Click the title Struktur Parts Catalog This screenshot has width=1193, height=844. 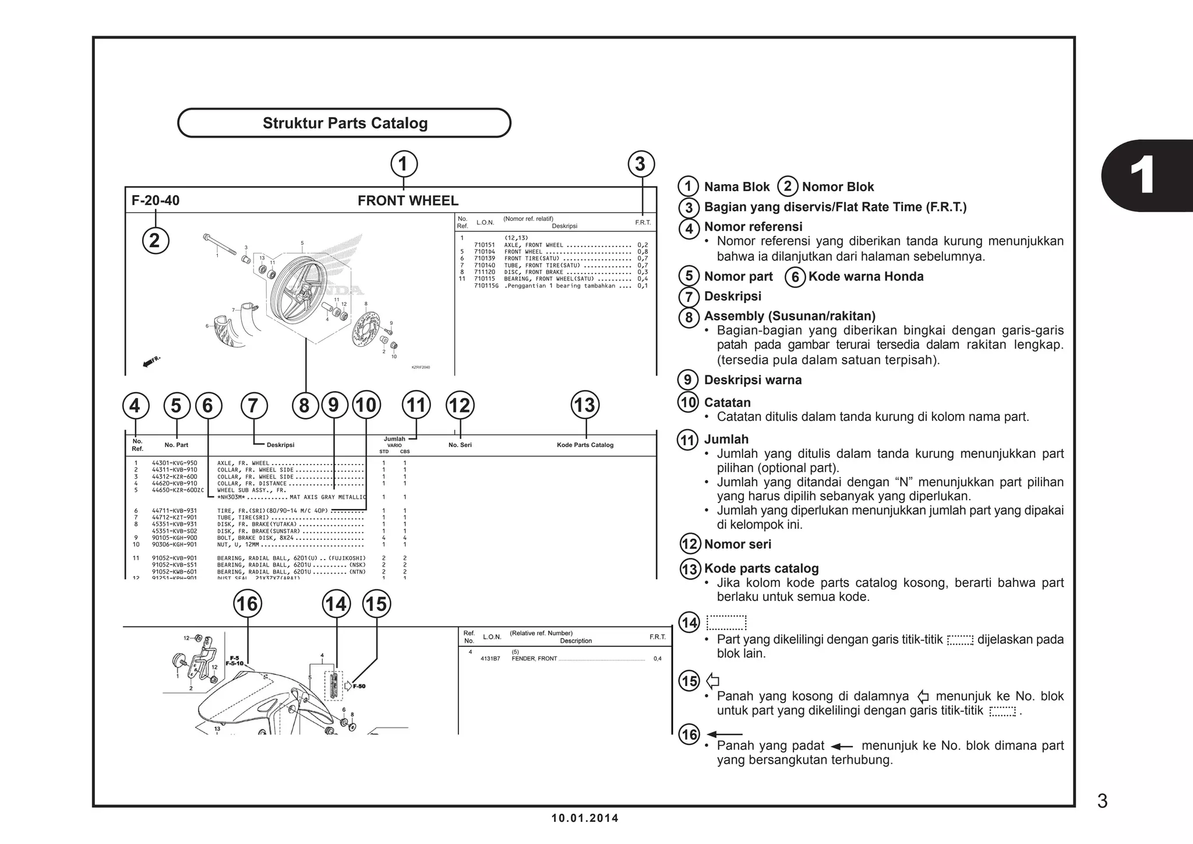[345, 123]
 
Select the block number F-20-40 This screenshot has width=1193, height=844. [156, 201]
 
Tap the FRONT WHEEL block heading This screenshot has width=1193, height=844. [408, 201]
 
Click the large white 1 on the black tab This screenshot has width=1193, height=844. [1142, 175]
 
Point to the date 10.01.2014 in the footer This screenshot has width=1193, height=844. [585, 818]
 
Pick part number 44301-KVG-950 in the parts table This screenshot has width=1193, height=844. [174, 463]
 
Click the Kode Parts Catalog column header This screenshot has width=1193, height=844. [585, 445]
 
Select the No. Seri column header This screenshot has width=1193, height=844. [460, 445]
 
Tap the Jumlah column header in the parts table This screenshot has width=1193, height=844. [394, 439]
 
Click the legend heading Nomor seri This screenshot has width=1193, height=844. [737, 544]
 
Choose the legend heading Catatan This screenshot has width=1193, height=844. [727, 402]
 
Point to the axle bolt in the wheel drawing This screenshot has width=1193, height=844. [220, 244]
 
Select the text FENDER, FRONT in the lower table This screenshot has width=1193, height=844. [534, 659]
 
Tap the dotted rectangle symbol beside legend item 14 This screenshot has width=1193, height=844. [726, 623]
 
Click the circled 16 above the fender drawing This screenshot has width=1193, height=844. [247, 603]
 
